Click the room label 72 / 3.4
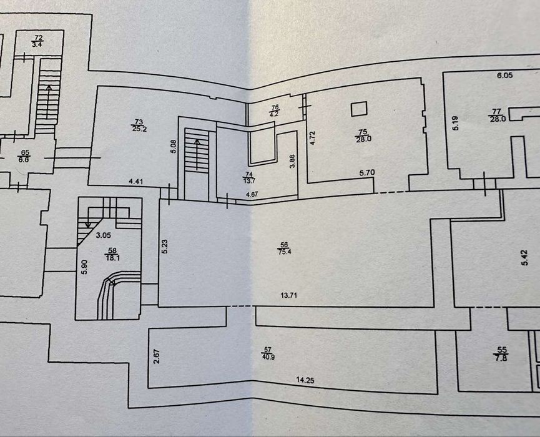pyautogui.click(x=37, y=41)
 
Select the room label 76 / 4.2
pyautogui.click(x=275, y=111)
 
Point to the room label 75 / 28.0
pyautogui.click(x=363, y=135)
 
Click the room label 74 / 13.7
pyautogui.click(x=249, y=177)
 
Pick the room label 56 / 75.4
pyautogui.click(x=284, y=248)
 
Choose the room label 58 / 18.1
pyautogui.click(x=112, y=255)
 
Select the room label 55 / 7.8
pyautogui.click(x=501, y=355)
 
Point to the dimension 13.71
pyautogui.click(x=288, y=295)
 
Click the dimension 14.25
pyautogui.click(x=305, y=380)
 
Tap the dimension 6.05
pyautogui.click(x=504, y=76)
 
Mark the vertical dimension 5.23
pyautogui.click(x=165, y=247)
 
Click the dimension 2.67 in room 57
pyautogui.click(x=157, y=356)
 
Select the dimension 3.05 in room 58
pyautogui.click(x=103, y=235)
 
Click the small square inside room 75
pyautogui.click(x=359, y=109)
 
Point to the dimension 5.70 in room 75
pyautogui.click(x=367, y=173)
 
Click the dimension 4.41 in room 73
pyautogui.click(x=135, y=181)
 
